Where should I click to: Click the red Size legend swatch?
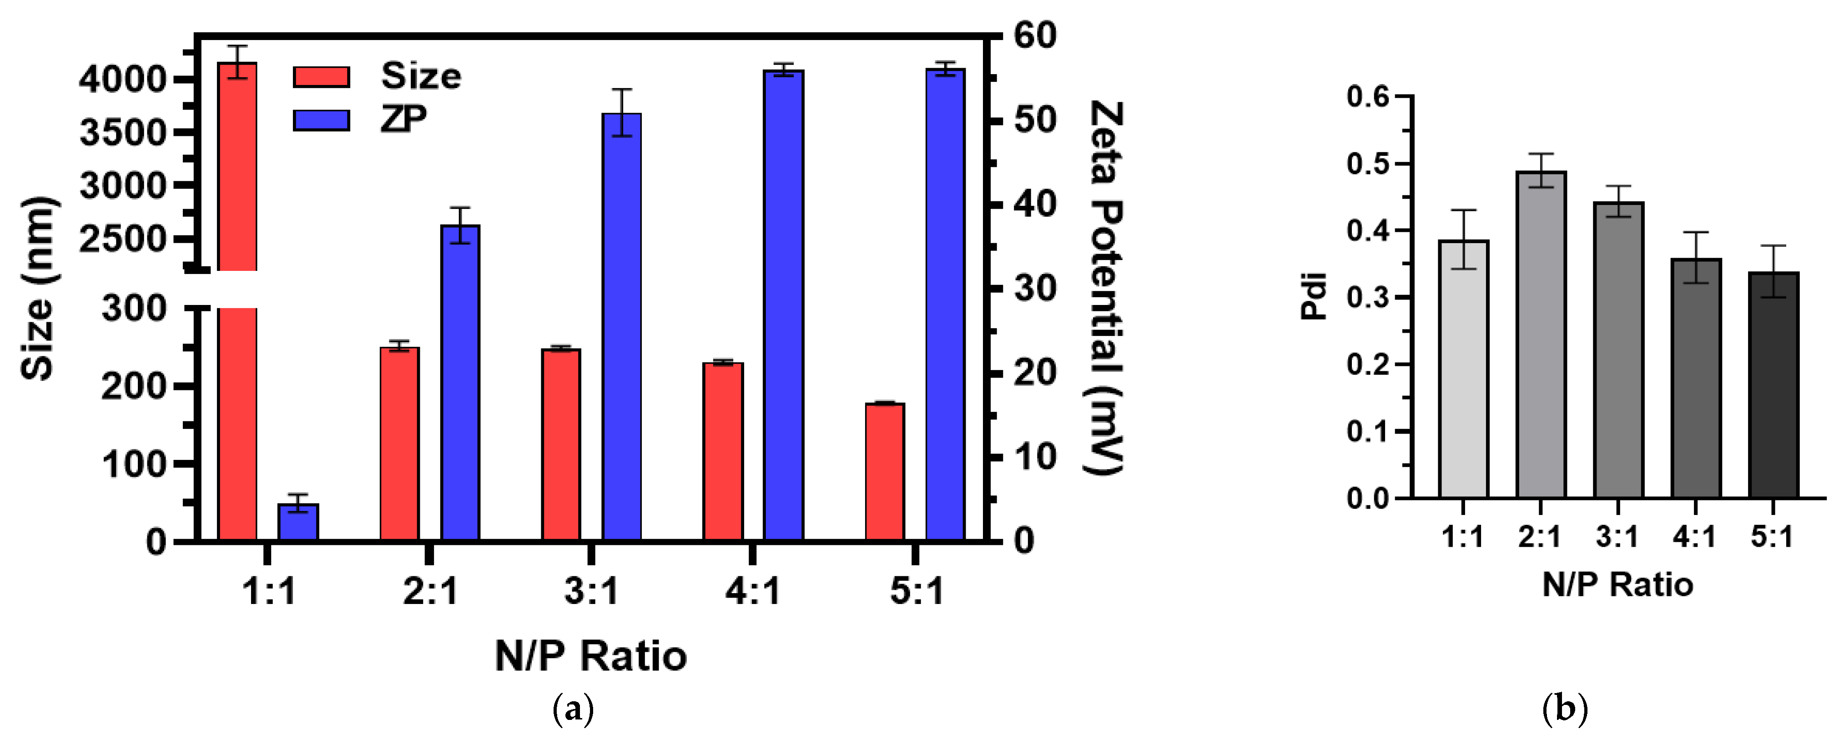click(x=322, y=76)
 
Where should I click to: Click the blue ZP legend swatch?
click(x=322, y=120)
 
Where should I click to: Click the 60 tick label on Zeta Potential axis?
click(x=1034, y=36)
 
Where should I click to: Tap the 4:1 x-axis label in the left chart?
click(x=752, y=591)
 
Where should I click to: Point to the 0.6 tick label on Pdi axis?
click(x=1367, y=96)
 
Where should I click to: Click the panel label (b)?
click(x=1565, y=709)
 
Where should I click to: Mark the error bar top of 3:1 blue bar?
click(x=621, y=90)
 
